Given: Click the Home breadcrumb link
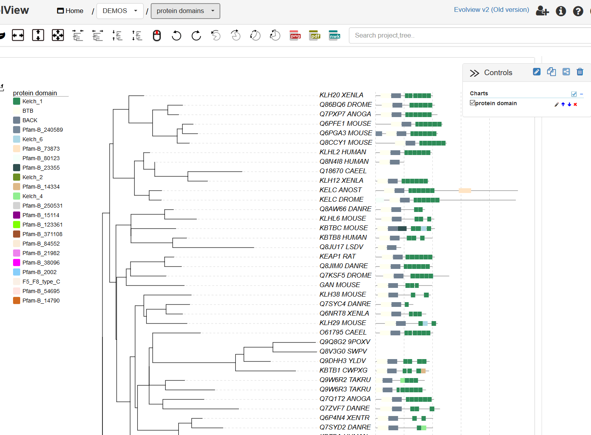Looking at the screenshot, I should click(x=70, y=11).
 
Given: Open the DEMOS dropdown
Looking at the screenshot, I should click(x=120, y=11).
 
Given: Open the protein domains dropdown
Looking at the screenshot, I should click(x=185, y=11).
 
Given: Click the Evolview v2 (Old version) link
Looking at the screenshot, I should click(x=491, y=10).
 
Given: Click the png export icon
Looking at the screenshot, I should click(x=295, y=36).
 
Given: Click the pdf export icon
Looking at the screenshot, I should click(x=315, y=36).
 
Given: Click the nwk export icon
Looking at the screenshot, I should click(x=335, y=36).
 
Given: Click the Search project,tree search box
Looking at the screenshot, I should click(x=467, y=36).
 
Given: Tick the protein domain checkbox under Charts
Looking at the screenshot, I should click(x=472, y=103).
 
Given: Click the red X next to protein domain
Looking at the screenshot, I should click(x=575, y=104).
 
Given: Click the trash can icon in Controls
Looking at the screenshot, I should click(x=580, y=72).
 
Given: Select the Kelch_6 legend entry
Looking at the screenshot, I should click(x=32, y=139).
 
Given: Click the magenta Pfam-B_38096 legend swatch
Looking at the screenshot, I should click(x=17, y=263).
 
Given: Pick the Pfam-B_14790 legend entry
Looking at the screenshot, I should click(x=41, y=301).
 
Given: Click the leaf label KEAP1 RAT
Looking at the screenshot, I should click(x=337, y=256).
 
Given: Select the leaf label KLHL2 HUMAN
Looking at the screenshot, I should click(x=343, y=152).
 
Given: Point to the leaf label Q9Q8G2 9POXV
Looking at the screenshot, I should click(x=345, y=342).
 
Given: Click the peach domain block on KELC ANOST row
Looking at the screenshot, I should click(x=465, y=191).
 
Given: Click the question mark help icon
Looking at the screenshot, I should click(x=578, y=11).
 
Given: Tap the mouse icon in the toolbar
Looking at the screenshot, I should click(x=157, y=36).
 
